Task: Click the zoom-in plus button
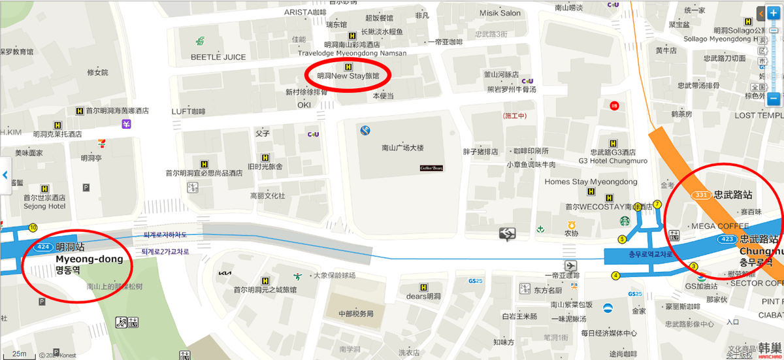point(774,13)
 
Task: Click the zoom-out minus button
point(774,99)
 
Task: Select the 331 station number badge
point(702,195)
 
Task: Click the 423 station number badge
point(728,239)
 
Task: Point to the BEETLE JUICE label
point(218,57)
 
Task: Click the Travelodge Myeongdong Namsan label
point(352,53)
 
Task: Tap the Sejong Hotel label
point(44,206)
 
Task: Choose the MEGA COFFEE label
point(720,226)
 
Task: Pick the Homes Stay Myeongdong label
point(591,182)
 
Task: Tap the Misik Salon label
point(500,13)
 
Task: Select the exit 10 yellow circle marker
point(33,227)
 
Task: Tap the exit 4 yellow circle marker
point(615,276)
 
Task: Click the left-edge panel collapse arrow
point(5,175)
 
